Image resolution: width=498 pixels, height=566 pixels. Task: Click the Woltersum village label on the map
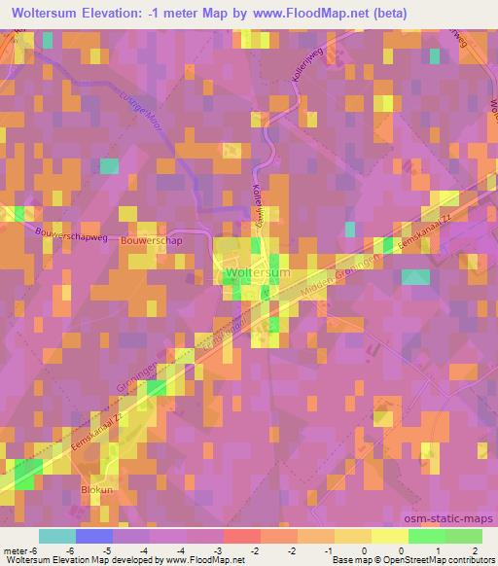point(257,274)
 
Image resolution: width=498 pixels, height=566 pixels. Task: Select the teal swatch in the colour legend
point(56,536)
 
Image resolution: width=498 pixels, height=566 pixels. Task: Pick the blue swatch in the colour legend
point(93,536)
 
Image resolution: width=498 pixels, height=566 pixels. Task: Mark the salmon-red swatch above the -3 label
point(241,536)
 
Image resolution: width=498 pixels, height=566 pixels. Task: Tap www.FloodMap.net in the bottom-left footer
point(197,560)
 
